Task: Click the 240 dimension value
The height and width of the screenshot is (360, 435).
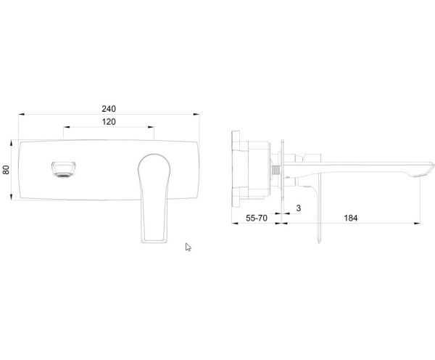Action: pyautogui.click(x=109, y=109)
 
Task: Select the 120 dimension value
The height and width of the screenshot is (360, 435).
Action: pyautogui.click(x=109, y=122)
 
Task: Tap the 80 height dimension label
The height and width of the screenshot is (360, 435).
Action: pyautogui.click(x=6, y=170)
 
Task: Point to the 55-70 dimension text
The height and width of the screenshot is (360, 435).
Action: pyautogui.click(x=257, y=218)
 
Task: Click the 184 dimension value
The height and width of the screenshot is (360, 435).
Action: pyautogui.click(x=351, y=218)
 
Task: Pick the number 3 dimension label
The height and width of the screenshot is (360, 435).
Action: pyautogui.click(x=299, y=208)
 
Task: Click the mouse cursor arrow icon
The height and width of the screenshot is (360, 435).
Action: pyautogui.click(x=188, y=247)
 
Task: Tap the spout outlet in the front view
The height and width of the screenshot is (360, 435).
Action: pyautogui.click(x=64, y=169)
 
